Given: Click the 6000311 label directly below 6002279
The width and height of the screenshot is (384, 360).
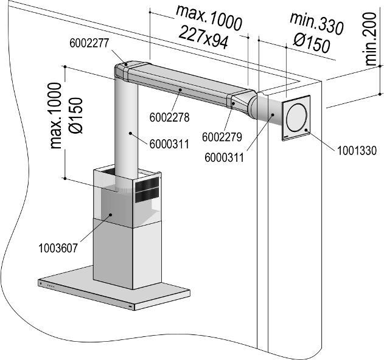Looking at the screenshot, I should pos(224,157).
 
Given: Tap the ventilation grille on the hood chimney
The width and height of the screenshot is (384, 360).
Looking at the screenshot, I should pos(147,189).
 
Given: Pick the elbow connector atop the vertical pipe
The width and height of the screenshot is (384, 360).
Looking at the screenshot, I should pos(127,70).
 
